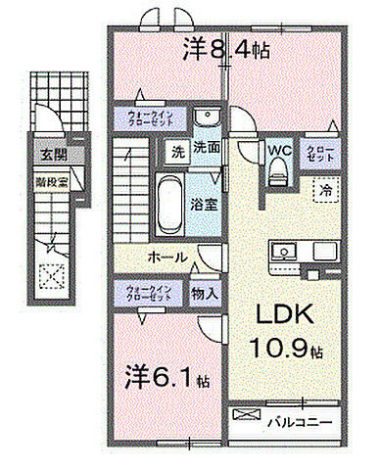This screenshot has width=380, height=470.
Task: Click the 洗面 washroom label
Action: tap(205, 151)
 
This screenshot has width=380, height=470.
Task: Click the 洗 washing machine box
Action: tap(176, 152)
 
